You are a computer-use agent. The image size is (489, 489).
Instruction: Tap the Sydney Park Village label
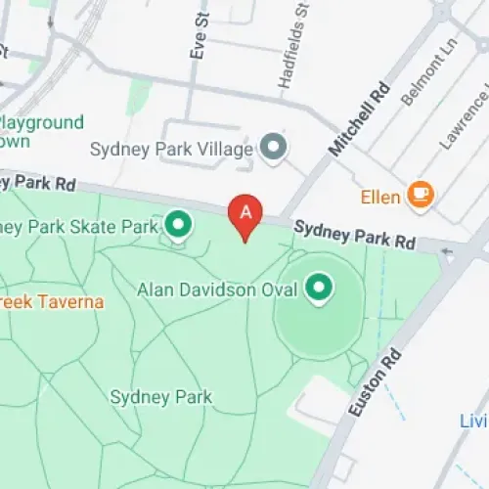coord(172,150)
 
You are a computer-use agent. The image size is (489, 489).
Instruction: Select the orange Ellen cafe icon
coord(422,195)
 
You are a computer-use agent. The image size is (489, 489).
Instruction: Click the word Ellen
coord(381,197)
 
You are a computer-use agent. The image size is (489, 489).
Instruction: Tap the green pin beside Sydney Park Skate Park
coord(178,226)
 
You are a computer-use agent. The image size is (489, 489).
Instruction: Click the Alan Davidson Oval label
coord(218,289)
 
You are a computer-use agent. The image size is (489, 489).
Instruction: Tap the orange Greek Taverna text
coord(51,301)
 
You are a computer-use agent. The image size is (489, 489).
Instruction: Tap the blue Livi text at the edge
coord(473,421)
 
